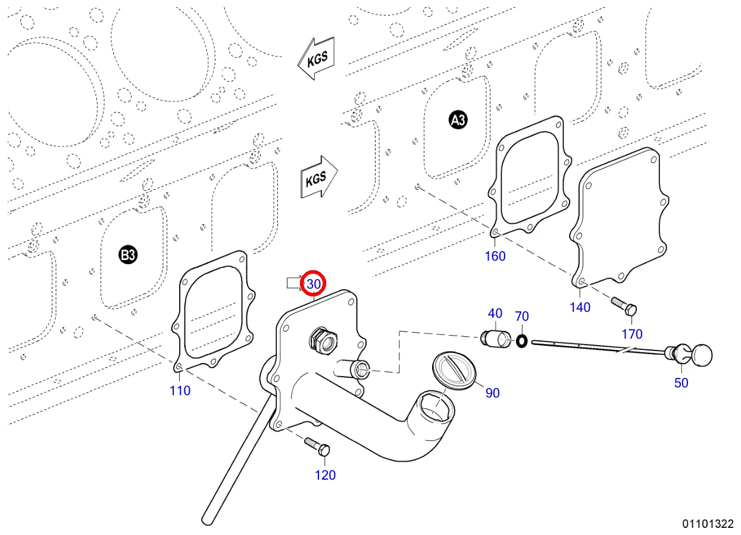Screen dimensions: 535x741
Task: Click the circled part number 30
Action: point(314,284)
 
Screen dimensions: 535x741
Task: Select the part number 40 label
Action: point(495,314)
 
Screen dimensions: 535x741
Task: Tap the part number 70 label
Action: point(521,316)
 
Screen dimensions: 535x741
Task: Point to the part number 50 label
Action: point(681,383)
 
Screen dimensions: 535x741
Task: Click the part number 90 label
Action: point(492,393)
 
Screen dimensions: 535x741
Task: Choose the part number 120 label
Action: point(325,475)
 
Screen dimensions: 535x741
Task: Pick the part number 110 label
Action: point(180,390)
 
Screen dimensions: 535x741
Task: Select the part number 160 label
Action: point(495,256)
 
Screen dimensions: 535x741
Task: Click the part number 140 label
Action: point(580,307)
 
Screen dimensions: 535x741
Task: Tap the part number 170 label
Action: point(632,334)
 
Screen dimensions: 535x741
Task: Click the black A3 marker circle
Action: point(458,121)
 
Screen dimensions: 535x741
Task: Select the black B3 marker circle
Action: point(128,255)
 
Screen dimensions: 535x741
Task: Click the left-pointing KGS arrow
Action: point(316,58)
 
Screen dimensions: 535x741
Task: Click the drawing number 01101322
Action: point(708,524)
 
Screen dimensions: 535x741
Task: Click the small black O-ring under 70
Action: point(522,341)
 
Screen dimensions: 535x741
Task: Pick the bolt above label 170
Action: point(624,306)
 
